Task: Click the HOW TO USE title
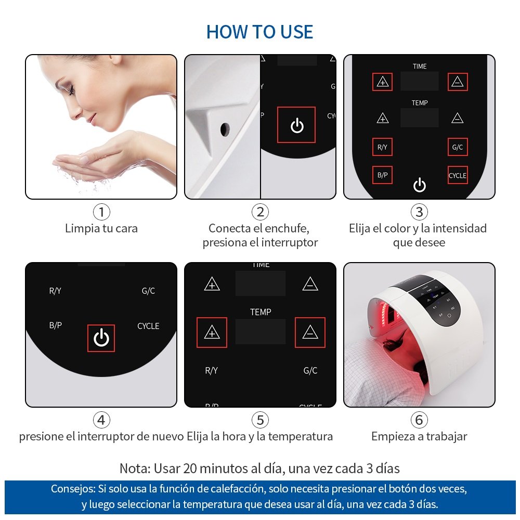click(x=259, y=32)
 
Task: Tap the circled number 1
click(x=101, y=212)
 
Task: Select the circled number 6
click(x=419, y=420)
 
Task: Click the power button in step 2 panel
click(x=296, y=125)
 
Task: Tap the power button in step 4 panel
click(x=101, y=338)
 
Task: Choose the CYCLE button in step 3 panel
click(x=458, y=175)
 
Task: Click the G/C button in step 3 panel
click(x=458, y=147)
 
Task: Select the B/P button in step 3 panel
click(x=382, y=175)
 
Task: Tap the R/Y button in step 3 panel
click(x=382, y=147)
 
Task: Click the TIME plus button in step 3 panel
click(x=382, y=82)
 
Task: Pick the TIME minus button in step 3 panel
click(x=458, y=82)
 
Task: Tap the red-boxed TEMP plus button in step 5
click(x=212, y=332)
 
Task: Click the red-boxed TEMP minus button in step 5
click(x=310, y=332)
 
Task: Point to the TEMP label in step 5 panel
click(x=261, y=312)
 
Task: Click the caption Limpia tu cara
click(x=101, y=228)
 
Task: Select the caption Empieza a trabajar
click(x=419, y=436)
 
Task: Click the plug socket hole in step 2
click(x=225, y=129)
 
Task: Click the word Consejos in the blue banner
click(x=73, y=489)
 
